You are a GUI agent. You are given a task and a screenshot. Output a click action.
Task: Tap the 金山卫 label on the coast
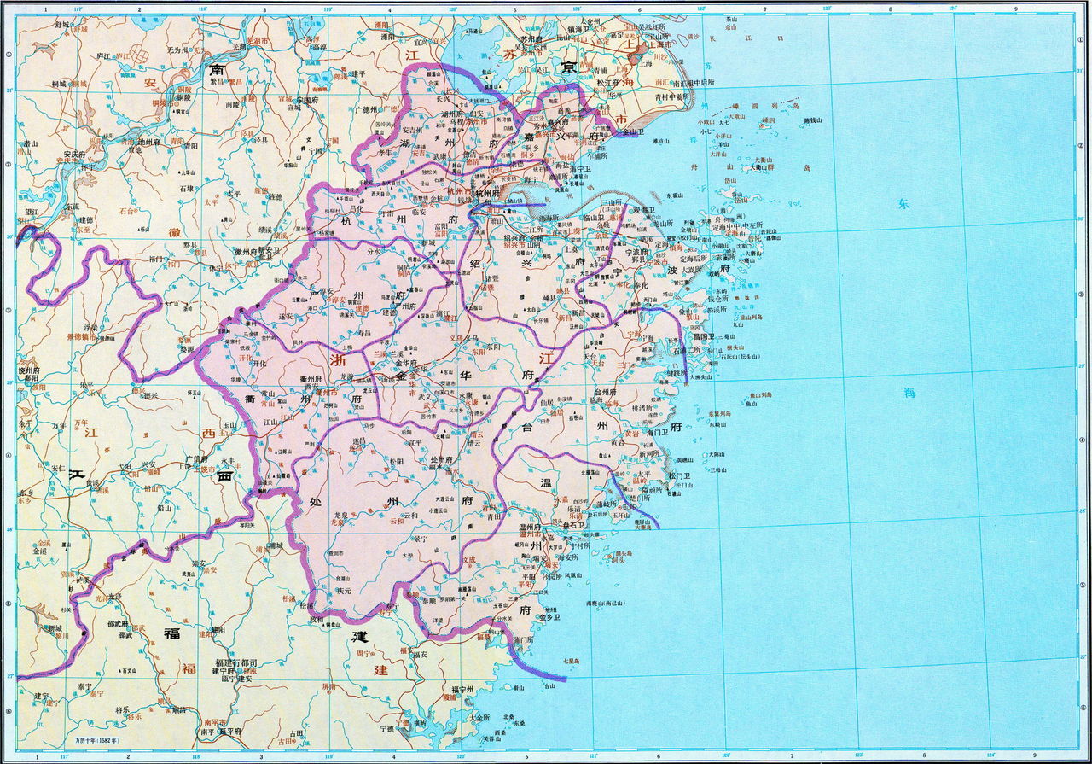[632, 132]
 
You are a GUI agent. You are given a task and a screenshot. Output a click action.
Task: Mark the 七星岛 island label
[571, 661]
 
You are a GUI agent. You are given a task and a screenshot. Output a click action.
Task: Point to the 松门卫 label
[679, 475]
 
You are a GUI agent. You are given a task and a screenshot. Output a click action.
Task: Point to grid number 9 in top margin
[1014, 9]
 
